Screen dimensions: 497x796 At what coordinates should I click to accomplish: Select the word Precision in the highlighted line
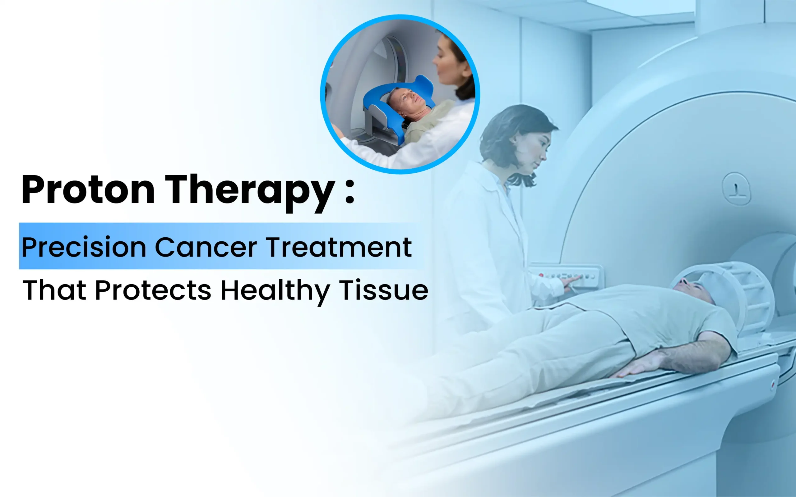point(84,247)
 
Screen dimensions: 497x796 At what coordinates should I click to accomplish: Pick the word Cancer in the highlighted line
point(206,247)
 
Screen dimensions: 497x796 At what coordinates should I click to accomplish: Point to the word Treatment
point(339,247)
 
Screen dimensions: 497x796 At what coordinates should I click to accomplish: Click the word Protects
point(153,290)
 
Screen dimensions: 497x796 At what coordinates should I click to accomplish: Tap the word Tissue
point(383,290)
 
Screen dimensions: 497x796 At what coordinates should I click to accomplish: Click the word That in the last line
point(54,290)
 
